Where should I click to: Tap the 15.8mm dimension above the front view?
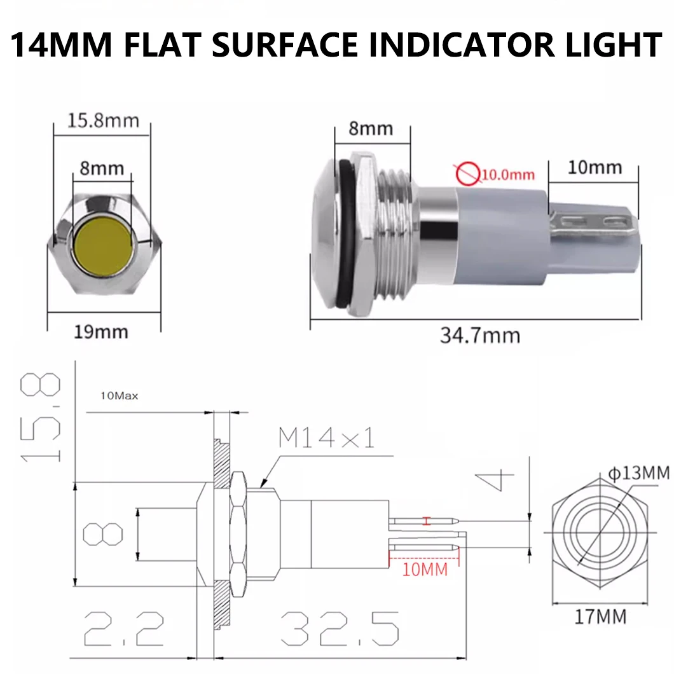[x=103, y=120]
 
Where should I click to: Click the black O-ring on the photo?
[x=343, y=235]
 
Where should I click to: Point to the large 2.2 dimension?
[x=124, y=628]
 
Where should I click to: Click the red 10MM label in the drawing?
[x=425, y=568]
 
